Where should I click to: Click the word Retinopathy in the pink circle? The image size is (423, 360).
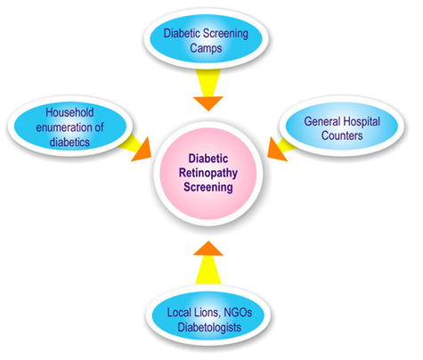[x=208, y=173]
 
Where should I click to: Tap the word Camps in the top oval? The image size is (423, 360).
[x=206, y=48]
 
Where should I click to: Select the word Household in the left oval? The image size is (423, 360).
[x=69, y=112]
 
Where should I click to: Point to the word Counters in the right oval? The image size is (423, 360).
[x=342, y=135]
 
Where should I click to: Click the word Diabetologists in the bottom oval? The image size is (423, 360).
[x=209, y=327]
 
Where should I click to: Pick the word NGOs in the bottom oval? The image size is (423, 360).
[x=238, y=313]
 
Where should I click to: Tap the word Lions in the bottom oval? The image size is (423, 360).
[x=207, y=313]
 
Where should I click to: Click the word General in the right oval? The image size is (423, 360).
[x=322, y=121]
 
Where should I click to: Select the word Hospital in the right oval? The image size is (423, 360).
[x=362, y=121]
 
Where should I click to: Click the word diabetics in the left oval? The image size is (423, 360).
[x=69, y=142]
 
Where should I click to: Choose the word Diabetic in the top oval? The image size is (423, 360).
[x=182, y=33]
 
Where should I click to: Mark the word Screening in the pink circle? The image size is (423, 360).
[x=208, y=187]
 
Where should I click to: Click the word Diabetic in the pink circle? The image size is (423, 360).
[x=208, y=159]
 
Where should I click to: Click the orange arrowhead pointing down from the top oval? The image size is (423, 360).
[x=208, y=102]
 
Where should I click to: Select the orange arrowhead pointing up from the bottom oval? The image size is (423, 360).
[x=208, y=250]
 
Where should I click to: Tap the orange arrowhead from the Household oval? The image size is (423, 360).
[x=143, y=152]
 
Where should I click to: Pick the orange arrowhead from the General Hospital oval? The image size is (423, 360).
[x=275, y=151]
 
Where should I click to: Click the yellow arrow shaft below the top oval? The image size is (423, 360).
[x=208, y=83]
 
